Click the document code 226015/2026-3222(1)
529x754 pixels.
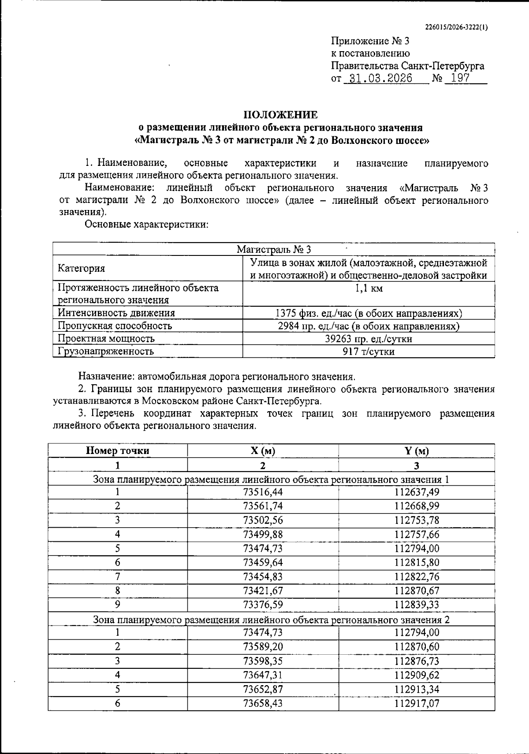[x=456, y=26]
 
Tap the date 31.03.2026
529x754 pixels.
[x=378, y=79]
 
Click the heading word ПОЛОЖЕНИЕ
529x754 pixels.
[x=281, y=115]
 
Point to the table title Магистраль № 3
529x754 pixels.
[x=274, y=250]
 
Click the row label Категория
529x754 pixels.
[x=82, y=269]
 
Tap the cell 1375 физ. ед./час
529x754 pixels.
[x=369, y=313]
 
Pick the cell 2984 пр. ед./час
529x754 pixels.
[x=369, y=326]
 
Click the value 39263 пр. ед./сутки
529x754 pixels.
[x=369, y=339]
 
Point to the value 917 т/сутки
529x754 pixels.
[x=369, y=352]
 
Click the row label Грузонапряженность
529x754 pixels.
[x=106, y=352]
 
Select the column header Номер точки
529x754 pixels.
[x=118, y=451]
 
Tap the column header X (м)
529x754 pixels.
[x=263, y=451]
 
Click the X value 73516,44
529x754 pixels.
[x=263, y=492]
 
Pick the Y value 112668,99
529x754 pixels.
[x=417, y=506]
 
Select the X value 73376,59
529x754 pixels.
[x=263, y=604]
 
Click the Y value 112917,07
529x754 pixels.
[x=417, y=703]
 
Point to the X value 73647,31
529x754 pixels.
[x=263, y=675]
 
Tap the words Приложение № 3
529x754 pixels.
[x=370, y=41]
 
